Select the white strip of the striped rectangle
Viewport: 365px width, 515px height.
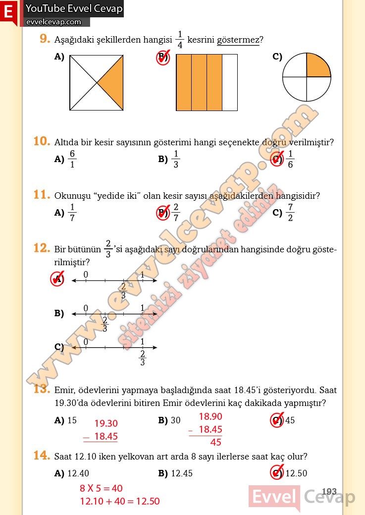pyautogui.click(x=229, y=82)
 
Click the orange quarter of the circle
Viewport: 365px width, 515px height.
pyautogui.click(x=317, y=66)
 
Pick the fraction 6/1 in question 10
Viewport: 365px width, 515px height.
pyautogui.click(x=72, y=159)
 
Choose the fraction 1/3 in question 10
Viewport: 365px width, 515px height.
pyautogui.click(x=176, y=159)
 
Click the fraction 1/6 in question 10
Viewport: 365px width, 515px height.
pyautogui.click(x=290, y=159)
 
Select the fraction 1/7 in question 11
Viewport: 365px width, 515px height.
pyautogui.click(x=72, y=213)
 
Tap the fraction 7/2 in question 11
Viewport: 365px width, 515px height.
pyautogui.click(x=290, y=213)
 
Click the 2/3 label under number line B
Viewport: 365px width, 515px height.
pyautogui.click(x=104, y=324)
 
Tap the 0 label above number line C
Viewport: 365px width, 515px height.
pyautogui.click(x=86, y=342)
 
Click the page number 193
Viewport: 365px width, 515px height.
pyautogui.click(x=329, y=492)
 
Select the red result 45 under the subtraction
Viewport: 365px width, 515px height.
pyautogui.click(x=216, y=442)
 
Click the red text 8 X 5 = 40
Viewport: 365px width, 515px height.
pyautogui.click(x=101, y=488)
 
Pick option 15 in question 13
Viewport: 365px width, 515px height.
pyautogui.click(x=72, y=420)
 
